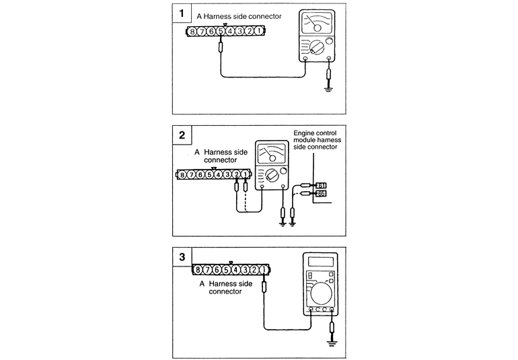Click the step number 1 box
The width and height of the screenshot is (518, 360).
point(181,12)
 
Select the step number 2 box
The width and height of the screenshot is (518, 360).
point(181,135)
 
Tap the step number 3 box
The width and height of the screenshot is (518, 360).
point(181,256)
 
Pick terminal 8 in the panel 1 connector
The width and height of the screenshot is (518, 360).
point(193,32)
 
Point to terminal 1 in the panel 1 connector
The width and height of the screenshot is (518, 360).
point(258,32)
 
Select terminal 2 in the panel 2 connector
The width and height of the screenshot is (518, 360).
point(236,175)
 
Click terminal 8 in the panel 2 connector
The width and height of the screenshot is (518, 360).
point(182,175)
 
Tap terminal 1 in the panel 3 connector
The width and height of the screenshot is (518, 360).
point(264,270)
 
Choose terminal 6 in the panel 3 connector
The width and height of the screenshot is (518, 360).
point(217,270)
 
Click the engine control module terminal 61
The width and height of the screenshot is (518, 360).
point(322,185)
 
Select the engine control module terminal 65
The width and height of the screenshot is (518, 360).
point(322,194)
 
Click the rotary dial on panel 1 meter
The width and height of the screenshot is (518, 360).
point(314,48)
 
